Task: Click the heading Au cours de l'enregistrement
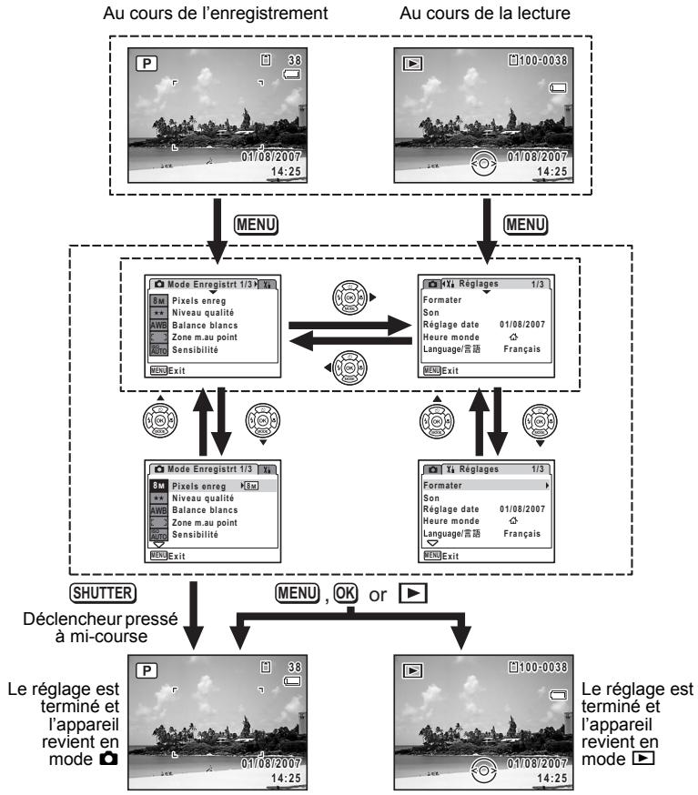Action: coord(215,13)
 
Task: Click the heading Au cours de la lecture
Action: coord(485,13)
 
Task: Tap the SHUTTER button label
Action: coord(103,593)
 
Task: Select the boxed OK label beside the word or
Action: coord(346,593)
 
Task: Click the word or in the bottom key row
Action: coord(378,595)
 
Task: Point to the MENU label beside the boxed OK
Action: coord(298,593)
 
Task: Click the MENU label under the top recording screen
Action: coord(256,225)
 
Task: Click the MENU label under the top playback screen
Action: coord(525,225)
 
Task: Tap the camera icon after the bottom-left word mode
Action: coord(108,759)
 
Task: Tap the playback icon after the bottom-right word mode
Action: coord(643,759)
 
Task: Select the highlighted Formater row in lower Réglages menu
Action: coord(486,485)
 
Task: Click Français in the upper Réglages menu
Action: coord(522,349)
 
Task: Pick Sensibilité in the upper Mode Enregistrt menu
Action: coord(195,350)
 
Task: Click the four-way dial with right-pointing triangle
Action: coord(349,297)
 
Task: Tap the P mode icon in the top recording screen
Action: coord(147,64)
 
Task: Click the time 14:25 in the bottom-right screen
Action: coord(551,779)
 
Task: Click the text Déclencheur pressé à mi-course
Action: coord(101,628)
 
